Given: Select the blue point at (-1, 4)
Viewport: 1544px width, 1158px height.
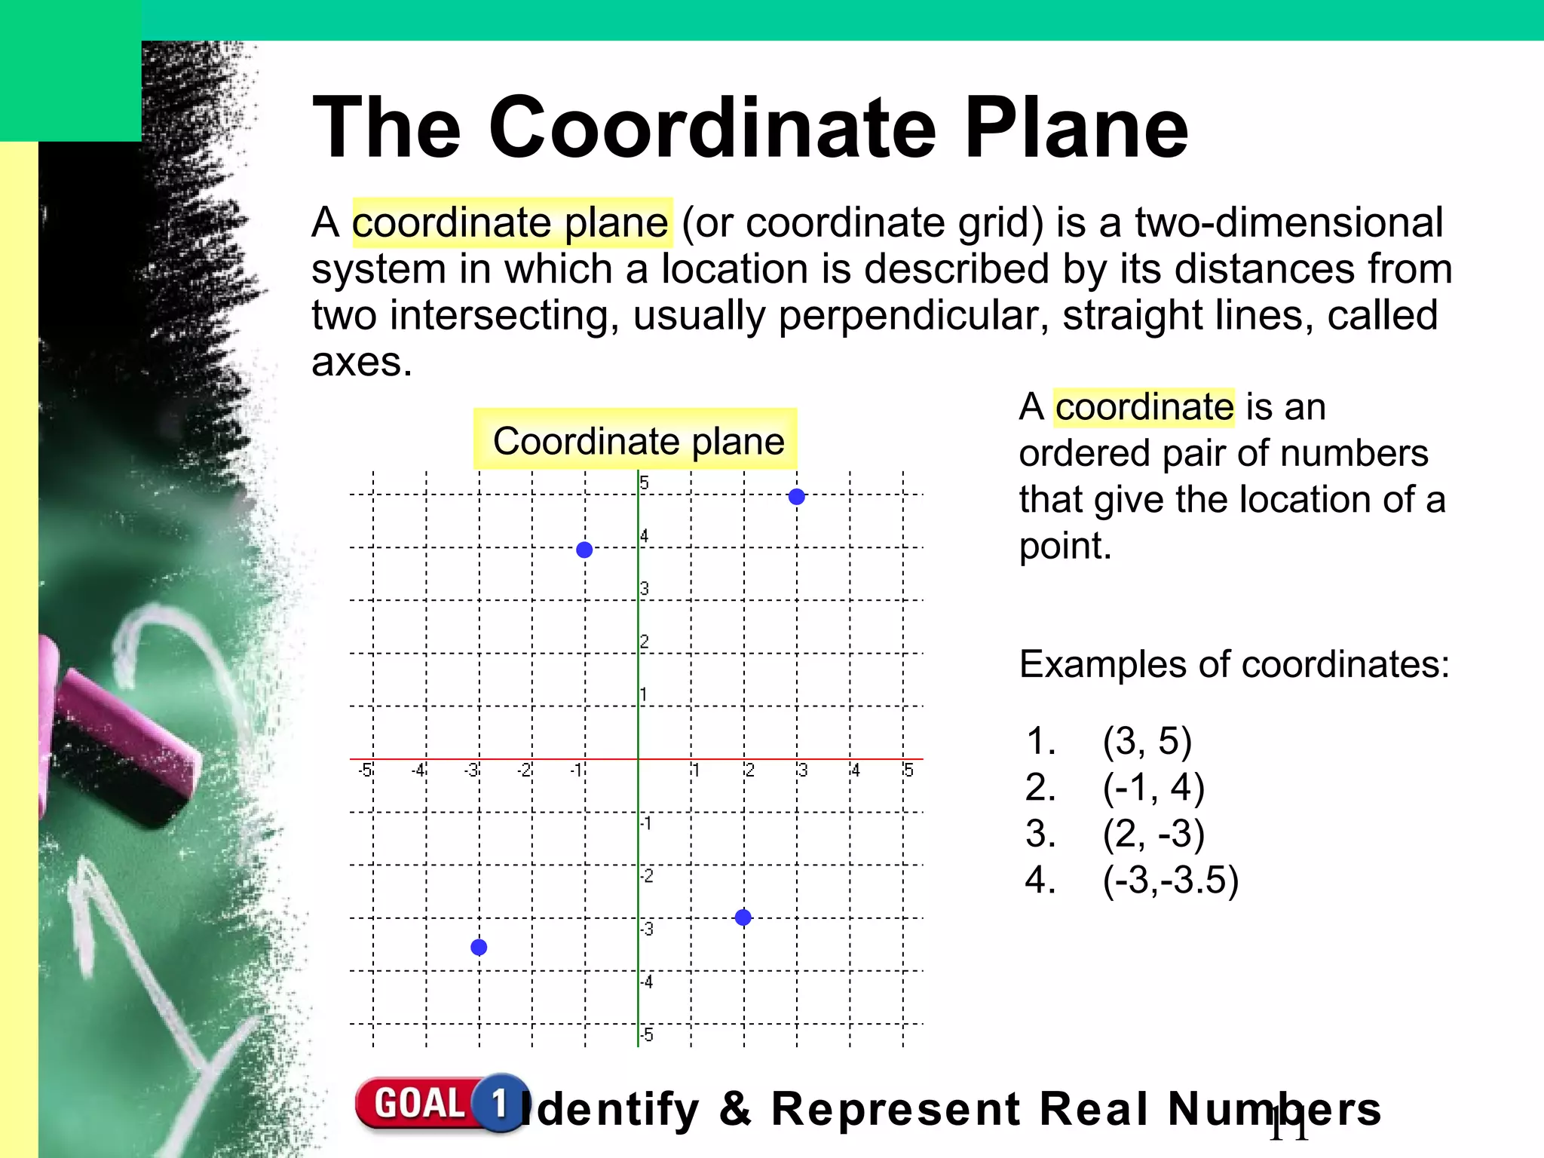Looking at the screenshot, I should pos(584,550).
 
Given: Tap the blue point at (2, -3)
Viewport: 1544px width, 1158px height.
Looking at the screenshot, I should pos(743,918).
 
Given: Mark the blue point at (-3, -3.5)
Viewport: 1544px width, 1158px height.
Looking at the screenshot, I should pos(479,947).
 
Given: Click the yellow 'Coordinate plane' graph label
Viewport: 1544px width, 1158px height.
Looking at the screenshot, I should pos(636,440).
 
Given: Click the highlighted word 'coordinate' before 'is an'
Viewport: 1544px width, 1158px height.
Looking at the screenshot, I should pos(1144,407).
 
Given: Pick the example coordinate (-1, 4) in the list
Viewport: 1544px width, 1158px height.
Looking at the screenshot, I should pos(1153,787).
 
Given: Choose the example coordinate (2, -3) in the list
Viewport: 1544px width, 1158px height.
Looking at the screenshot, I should pos(1153,834).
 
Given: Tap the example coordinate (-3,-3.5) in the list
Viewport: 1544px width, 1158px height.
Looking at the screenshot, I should pos(1170,880).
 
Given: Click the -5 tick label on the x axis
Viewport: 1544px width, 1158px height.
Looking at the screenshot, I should pos(366,770).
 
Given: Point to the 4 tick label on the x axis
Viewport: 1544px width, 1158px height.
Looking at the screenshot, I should pos(855,770).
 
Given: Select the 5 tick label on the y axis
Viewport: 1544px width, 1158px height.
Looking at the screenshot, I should pos(644,482).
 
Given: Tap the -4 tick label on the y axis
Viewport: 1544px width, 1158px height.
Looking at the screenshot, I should pos(646,982).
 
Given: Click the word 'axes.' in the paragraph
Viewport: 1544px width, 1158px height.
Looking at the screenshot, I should pos(362,362).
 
